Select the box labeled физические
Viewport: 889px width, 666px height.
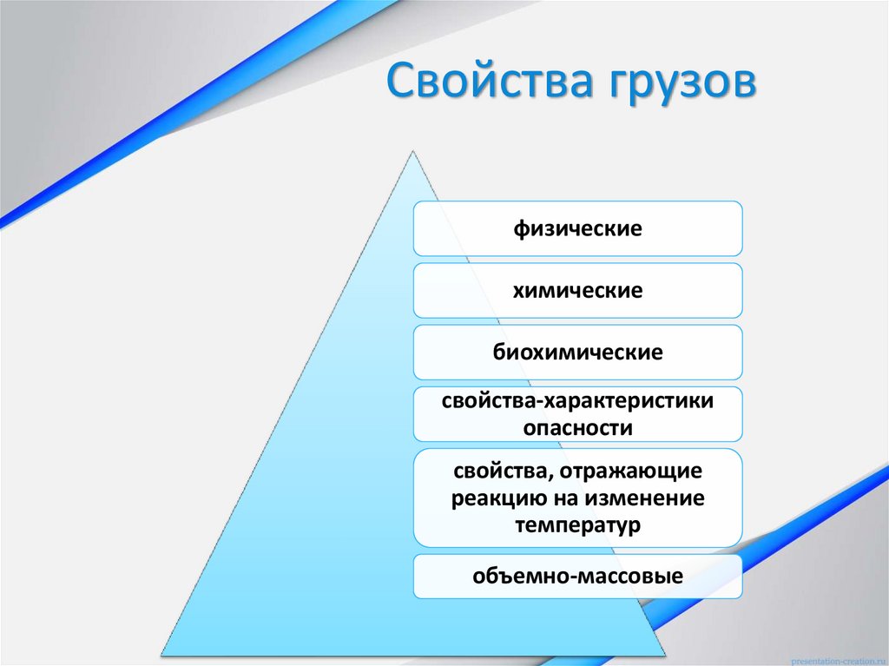pyautogui.click(x=577, y=229)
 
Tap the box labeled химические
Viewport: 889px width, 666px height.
pyautogui.click(x=577, y=291)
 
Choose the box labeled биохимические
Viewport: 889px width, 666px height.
pyautogui.click(x=577, y=353)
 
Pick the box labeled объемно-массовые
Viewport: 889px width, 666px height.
pyautogui.click(x=577, y=576)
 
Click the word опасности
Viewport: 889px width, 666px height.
pyautogui.click(x=577, y=427)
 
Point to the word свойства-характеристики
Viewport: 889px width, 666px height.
pyautogui.click(x=577, y=402)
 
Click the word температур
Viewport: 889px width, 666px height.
pyautogui.click(x=577, y=525)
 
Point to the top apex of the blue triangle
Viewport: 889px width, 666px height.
pyautogui.click(x=412, y=149)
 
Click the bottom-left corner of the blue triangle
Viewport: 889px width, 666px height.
pyautogui.click(x=162, y=653)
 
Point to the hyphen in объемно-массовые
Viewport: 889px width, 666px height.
pyautogui.click(x=569, y=577)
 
